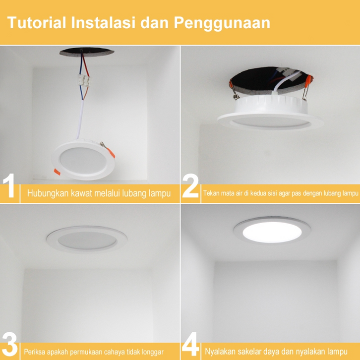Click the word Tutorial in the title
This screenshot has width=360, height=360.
[x=37, y=22]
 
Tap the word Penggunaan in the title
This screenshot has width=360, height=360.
[x=222, y=23]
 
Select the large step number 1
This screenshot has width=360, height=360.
[x=9, y=185]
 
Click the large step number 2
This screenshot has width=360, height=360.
[x=190, y=185]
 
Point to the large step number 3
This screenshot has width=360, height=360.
[x=9, y=345]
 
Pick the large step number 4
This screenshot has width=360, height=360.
[x=190, y=344]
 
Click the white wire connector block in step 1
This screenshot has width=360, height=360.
[x=84, y=81]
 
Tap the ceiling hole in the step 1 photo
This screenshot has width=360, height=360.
[x=87, y=52]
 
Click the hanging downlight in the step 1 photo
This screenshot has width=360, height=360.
[x=83, y=160]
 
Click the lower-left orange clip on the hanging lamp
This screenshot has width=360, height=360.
[x=57, y=172]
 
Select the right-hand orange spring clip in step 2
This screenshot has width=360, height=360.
[x=307, y=88]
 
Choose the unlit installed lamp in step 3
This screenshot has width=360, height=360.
[x=87, y=240]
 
